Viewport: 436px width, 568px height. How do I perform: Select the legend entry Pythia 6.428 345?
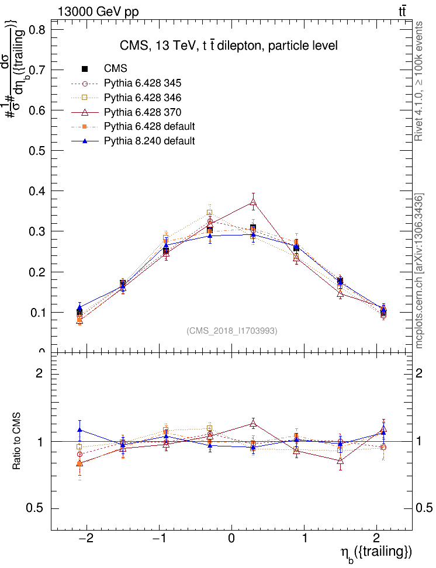click(x=143, y=83)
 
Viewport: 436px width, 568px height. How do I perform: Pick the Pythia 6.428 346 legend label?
click(x=143, y=98)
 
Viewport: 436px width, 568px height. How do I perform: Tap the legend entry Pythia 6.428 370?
click(x=143, y=112)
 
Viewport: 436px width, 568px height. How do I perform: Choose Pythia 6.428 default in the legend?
click(x=149, y=126)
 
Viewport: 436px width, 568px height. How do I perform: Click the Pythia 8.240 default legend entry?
click(x=149, y=141)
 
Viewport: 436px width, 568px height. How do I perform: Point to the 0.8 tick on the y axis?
click(x=37, y=30)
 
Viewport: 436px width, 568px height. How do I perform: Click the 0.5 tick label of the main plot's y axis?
click(x=37, y=151)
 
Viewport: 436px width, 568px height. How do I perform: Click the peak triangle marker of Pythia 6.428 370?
click(x=253, y=203)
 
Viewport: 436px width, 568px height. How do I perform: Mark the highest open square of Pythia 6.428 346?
click(x=209, y=213)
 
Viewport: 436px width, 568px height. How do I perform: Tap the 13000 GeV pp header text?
click(x=98, y=11)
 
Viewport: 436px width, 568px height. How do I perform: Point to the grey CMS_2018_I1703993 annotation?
click(x=232, y=331)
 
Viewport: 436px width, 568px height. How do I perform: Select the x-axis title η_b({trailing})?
click(x=376, y=553)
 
